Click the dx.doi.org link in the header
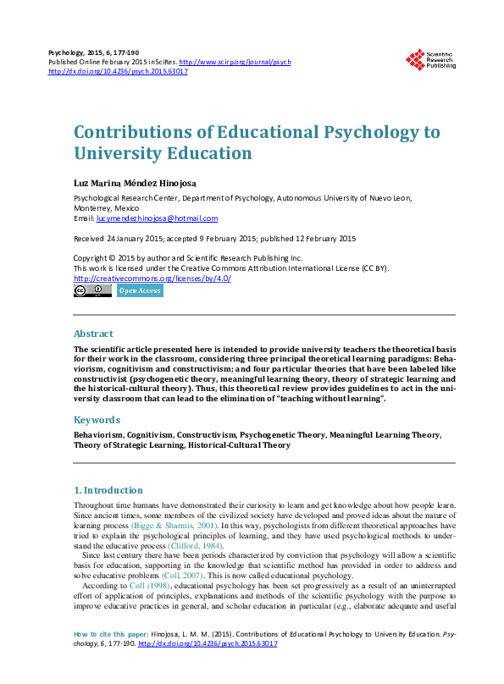click(118, 72)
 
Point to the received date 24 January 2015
click(135, 239)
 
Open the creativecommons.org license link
click(152, 279)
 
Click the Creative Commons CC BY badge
click(92, 290)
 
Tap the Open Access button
click(139, 290)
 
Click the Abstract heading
click(93, 334)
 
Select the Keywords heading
click(97, 420)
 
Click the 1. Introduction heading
click(108, 489)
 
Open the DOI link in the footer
click(207, 667)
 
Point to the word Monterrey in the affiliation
click(95, 207)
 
